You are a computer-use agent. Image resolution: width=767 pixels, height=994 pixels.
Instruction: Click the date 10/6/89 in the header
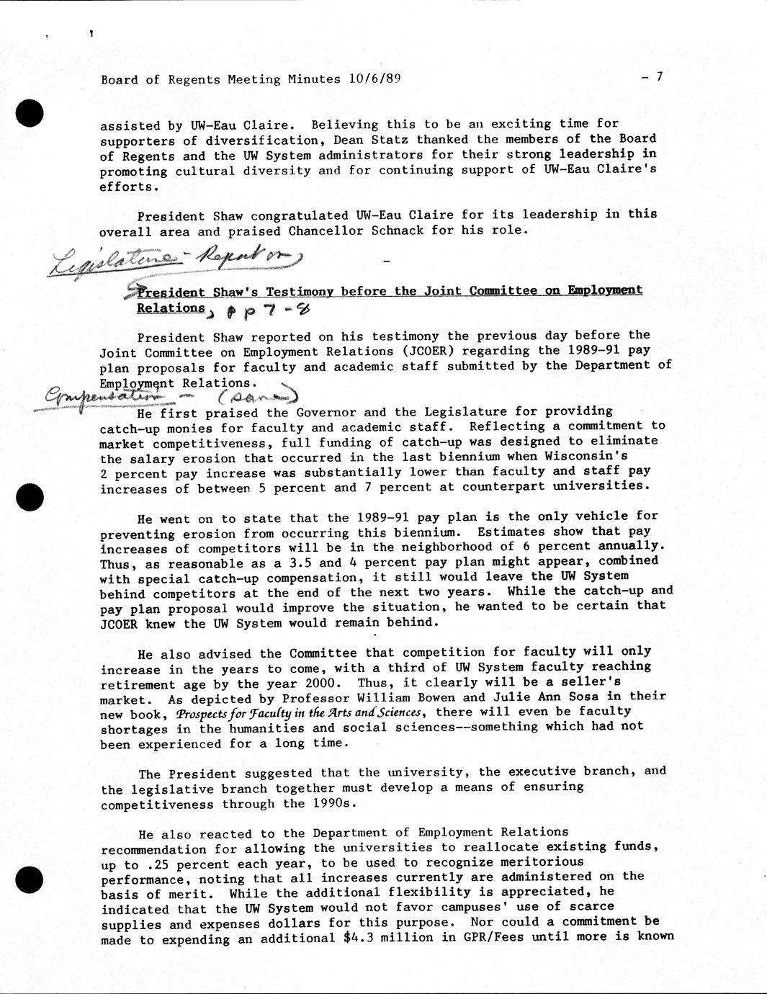[x=374, y=79]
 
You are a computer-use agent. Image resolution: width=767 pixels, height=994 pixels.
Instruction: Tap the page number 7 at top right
[x=658, y=77]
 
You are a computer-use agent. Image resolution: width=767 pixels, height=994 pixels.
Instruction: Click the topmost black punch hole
[x=30, y=113]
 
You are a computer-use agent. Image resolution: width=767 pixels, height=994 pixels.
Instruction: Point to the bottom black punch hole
[x=30, y=879]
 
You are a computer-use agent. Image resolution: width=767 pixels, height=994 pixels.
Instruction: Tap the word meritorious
[x=539, y=862]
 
